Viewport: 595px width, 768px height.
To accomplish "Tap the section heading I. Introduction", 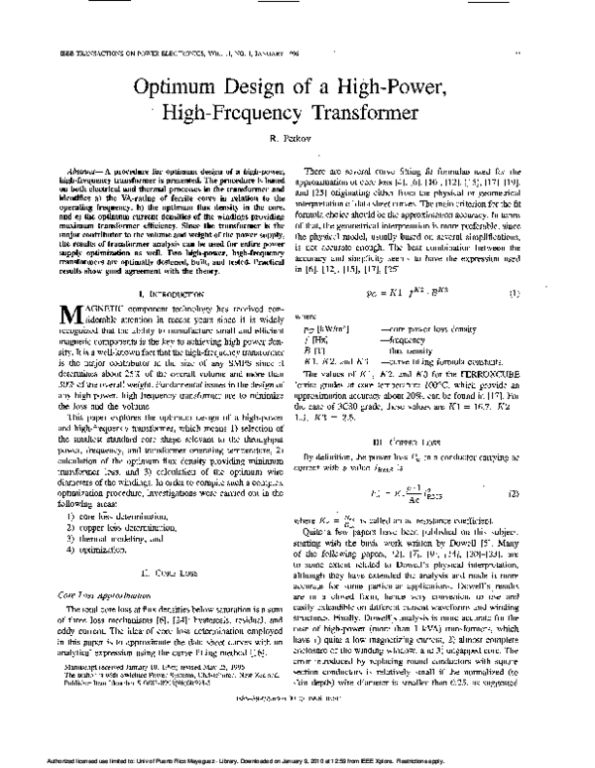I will point(163,296).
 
